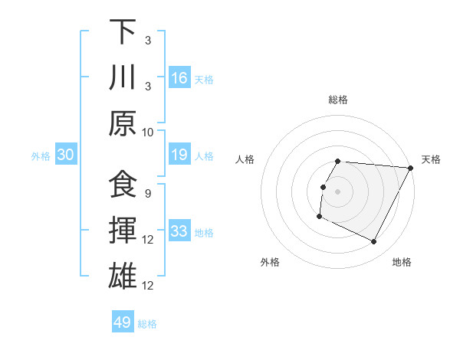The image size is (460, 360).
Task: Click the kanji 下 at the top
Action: pyautogui.click(x=123, y=32)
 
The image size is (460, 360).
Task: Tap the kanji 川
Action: pyautogui.click(x=123, y=77)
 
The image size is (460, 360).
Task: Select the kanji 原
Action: pyautogui.click(x=123, y=123)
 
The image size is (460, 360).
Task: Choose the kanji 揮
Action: pyautogui.click(x=123, y=231)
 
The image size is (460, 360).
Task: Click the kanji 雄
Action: pyautogui.click(x=123, y=276)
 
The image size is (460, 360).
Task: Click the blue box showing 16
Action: pyautogui.click(x=179, y=77)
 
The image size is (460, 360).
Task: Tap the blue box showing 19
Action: pyautogui.click(x=179, y=155)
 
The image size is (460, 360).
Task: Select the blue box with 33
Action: pyautogui.click(x=179, y=231)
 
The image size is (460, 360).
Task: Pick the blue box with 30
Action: pyautogui.click(x=65, y=155)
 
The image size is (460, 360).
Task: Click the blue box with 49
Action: pyautogui.click(x=123, y=322)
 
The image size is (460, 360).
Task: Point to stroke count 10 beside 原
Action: pyautogui.click(x=148, y=132)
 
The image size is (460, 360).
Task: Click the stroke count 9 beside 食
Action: pyautogui.click(x=147, y=193)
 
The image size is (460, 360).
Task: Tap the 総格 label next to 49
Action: pyautogui.click(x=147, y=324)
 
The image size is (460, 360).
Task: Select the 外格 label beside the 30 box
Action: pyautogui.click(x=41, y=156)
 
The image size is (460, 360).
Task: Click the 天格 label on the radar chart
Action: pyautogui.click(x=432, y=159)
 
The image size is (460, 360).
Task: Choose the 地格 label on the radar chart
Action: pyautogui.click(x=402, y=262)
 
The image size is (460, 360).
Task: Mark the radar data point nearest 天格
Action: pyautogui.click(x=411, y=168)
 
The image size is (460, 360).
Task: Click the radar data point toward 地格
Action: pyautogui.click(x=374, y=242)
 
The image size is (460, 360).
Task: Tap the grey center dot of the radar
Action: pyautogui.click(x=337, y=191)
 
